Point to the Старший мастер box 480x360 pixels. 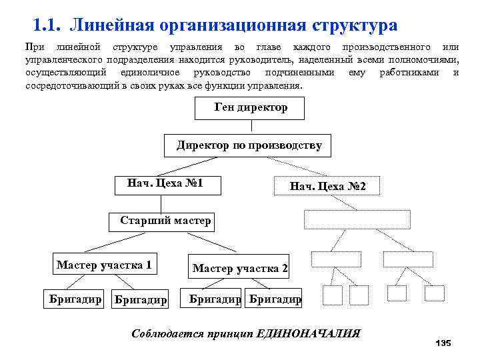[165, 221]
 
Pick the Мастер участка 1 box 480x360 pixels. [104, 265]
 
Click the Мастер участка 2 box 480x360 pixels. [240, 268]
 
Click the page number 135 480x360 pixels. [443, 343]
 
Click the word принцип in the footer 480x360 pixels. [229, 333]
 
